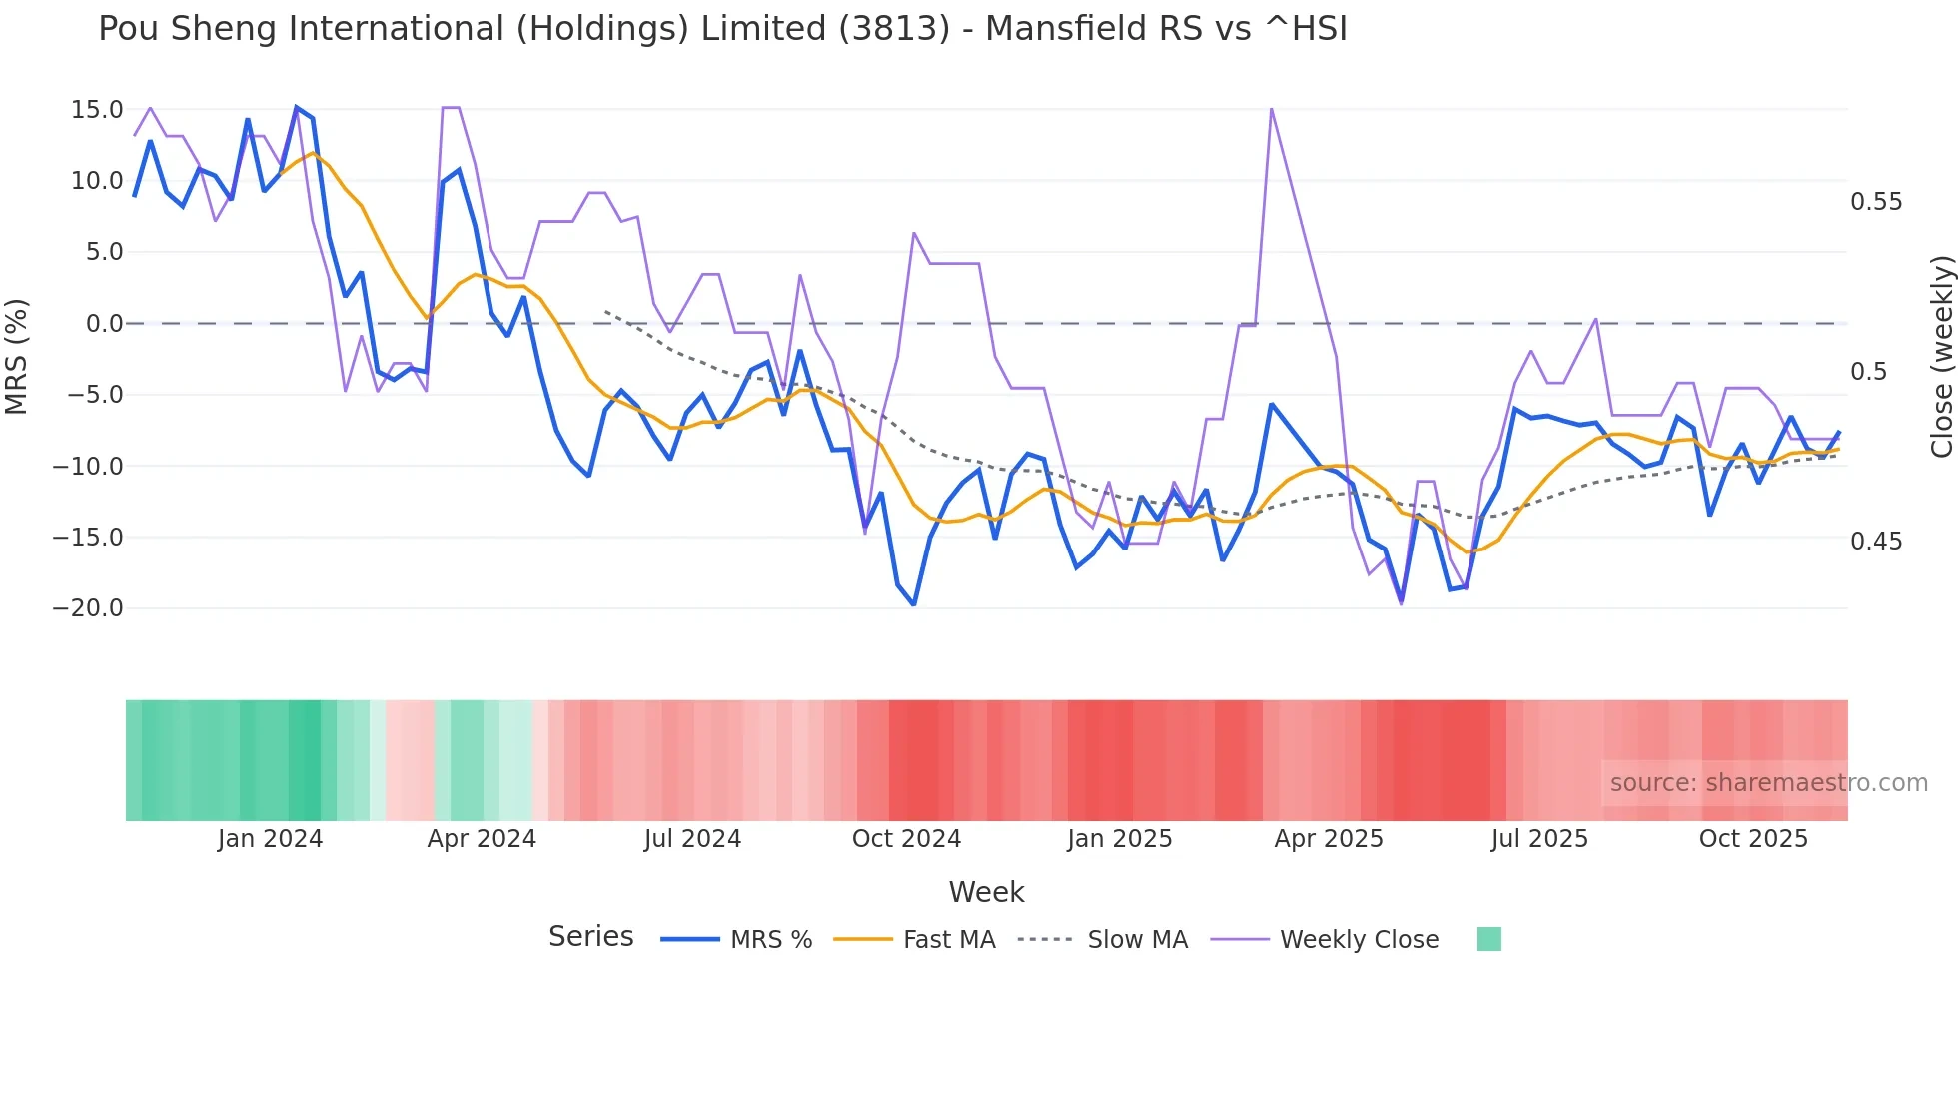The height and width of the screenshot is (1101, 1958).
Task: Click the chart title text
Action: click(x=722, y=29)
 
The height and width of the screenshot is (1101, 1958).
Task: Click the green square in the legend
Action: click(x=1488, y=939)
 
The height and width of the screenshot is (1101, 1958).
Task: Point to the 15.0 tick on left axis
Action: click(x=96, y=110)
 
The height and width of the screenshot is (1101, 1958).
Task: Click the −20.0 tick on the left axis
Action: click(x=88, y=608)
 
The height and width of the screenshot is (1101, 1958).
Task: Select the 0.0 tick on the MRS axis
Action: click(x=104, y=324)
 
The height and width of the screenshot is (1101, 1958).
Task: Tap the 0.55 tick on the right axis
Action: click(x=1876, y=202)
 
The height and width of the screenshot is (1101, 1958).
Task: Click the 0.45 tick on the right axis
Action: click(x=1876, y=542)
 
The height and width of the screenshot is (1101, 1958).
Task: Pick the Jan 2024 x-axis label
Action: click(x=270, y=839)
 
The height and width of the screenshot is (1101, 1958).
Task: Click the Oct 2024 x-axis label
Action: click(x=906, y=839)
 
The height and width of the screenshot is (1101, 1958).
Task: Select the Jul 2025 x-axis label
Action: click(x=1539, y=839)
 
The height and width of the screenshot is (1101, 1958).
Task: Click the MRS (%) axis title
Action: click(x=16, y=357)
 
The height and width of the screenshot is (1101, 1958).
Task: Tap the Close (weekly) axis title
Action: click(x=1941, y=357)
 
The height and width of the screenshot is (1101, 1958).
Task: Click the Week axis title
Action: click(x=986, y=892)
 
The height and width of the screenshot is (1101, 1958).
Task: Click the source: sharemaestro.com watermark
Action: click(x=1768, y=783)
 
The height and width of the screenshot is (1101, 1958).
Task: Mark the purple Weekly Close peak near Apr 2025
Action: click(x=1271, y=108)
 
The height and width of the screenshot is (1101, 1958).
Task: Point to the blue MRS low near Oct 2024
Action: click(x=913, y=604)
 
